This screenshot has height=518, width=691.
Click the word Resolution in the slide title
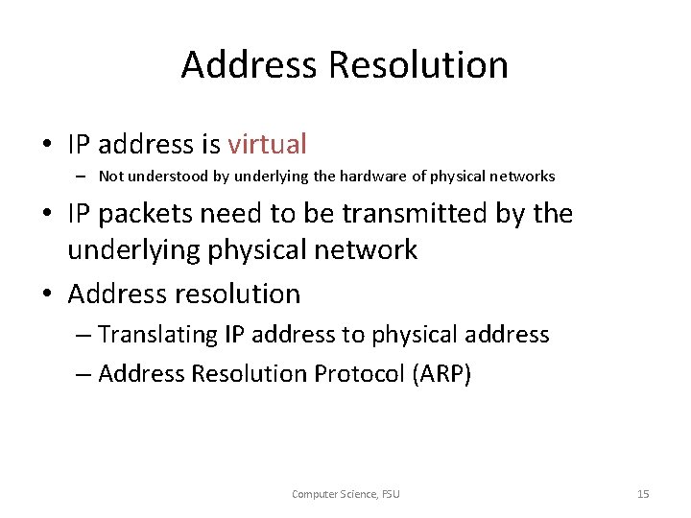click(418, 65)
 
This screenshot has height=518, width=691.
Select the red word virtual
click(267, 145)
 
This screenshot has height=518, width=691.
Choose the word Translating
click(158, 335)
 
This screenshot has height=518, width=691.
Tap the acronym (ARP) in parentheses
click(441, 373)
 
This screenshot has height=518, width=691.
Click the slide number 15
click(643, 494)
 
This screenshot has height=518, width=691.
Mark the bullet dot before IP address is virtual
click(46, 146)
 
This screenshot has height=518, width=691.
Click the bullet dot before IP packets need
click(46, 215)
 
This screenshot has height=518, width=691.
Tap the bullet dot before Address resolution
click(46, 294)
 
